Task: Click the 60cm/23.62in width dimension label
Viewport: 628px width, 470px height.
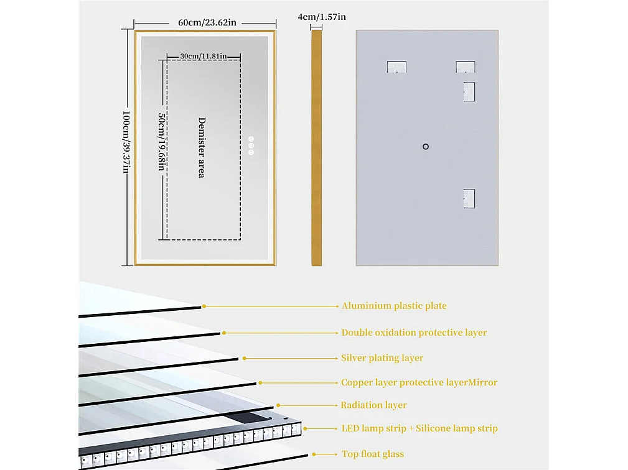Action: tap(207, 22)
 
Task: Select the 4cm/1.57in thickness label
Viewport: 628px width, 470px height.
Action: tap(321, 17)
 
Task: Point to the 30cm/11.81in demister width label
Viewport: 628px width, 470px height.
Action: tap(203, 55)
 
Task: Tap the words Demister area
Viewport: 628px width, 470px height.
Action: tap(202, 147)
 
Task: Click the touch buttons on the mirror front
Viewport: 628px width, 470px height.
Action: tap(251, 145)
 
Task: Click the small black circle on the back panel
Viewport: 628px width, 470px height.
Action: tap(426, 147)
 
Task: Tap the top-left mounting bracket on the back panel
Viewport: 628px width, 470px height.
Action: tap(396, 67)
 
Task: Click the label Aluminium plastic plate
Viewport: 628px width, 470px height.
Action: tap(394, 306)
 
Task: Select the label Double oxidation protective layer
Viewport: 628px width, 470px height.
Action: tap(414, 333)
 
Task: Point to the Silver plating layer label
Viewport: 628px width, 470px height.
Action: tap(382, 358)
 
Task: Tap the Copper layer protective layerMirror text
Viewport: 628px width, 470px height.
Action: tap(419, 382)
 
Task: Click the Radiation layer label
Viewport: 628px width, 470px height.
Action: tap(373, 405)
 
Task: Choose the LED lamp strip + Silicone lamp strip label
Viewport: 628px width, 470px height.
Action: tap(419, 428)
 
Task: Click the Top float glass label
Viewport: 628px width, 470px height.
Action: tap(373, 454)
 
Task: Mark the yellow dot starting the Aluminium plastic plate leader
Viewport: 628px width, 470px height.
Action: tap(204, 306)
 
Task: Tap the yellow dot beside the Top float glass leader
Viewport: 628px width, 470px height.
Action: tap(314, 454)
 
